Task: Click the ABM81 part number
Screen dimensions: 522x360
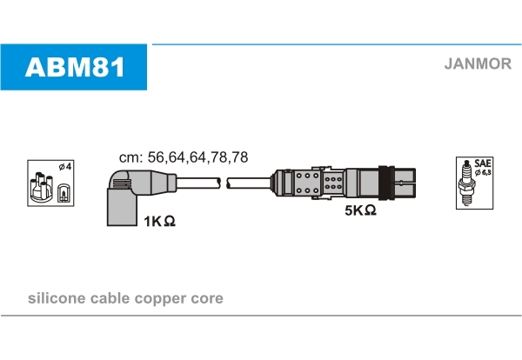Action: [x=75, y=67]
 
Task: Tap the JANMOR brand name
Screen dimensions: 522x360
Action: [x=478, y=63]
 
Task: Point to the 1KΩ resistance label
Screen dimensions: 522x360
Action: [x=159, y=221]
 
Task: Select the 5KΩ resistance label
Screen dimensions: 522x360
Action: [x=360, y=210]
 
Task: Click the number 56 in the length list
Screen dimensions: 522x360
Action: [x=157, y=157]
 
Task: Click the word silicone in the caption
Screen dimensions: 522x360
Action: [x=57, y=297]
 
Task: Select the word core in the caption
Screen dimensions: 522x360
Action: [x=207, y=298]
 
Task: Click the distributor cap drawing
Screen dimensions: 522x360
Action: [x=41, y=187]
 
